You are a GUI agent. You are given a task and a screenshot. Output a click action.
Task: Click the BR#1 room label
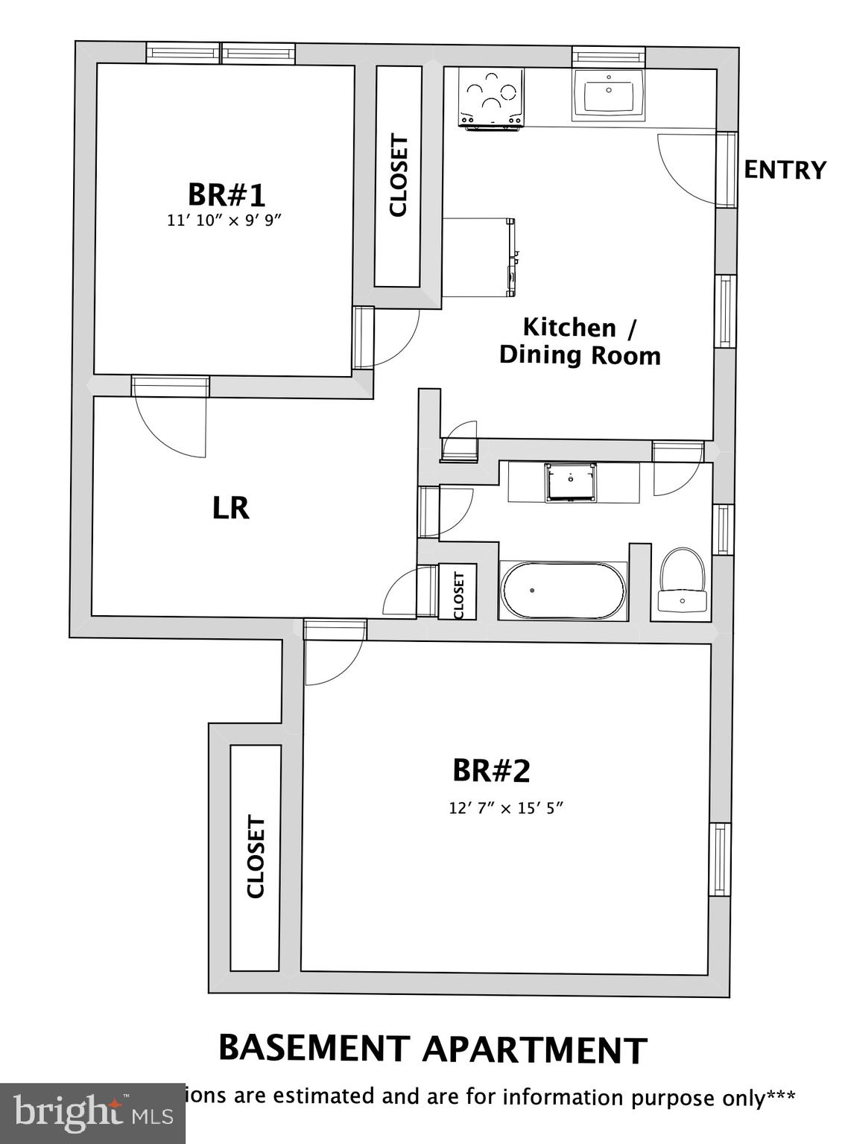coord(226,195)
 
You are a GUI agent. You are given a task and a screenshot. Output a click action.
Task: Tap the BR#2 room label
coord(491,771)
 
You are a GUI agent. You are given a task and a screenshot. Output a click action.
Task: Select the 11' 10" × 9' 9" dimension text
coord(226,220)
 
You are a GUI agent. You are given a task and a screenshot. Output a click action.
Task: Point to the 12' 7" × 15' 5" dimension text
coord(505,808)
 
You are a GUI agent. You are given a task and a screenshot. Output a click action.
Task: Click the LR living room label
coord(231,508)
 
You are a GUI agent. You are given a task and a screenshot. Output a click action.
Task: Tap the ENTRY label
coord(785,170)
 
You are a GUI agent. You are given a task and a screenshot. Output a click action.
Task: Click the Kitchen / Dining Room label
coord(580,341)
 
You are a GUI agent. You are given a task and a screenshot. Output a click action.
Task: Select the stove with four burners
coord(491,98)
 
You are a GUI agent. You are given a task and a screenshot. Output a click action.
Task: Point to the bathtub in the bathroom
coord(563,591)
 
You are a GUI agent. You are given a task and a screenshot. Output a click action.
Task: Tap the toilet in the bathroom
coord(682,581)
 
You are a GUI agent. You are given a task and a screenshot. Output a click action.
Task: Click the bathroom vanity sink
coord(571,482)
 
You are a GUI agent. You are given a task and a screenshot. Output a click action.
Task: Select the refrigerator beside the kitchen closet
coord(478,257)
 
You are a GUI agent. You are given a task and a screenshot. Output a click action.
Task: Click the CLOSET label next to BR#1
coord(399,176)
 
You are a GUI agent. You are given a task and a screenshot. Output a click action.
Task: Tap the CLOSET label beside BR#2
coord(256,857)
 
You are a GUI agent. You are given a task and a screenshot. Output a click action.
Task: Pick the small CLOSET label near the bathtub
coord(458,594)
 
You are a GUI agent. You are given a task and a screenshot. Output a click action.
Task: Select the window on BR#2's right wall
coord(720,859)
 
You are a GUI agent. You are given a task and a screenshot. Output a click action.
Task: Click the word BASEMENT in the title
coord(314,1048)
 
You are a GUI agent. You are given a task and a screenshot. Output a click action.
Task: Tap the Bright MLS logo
coord(92,1113)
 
